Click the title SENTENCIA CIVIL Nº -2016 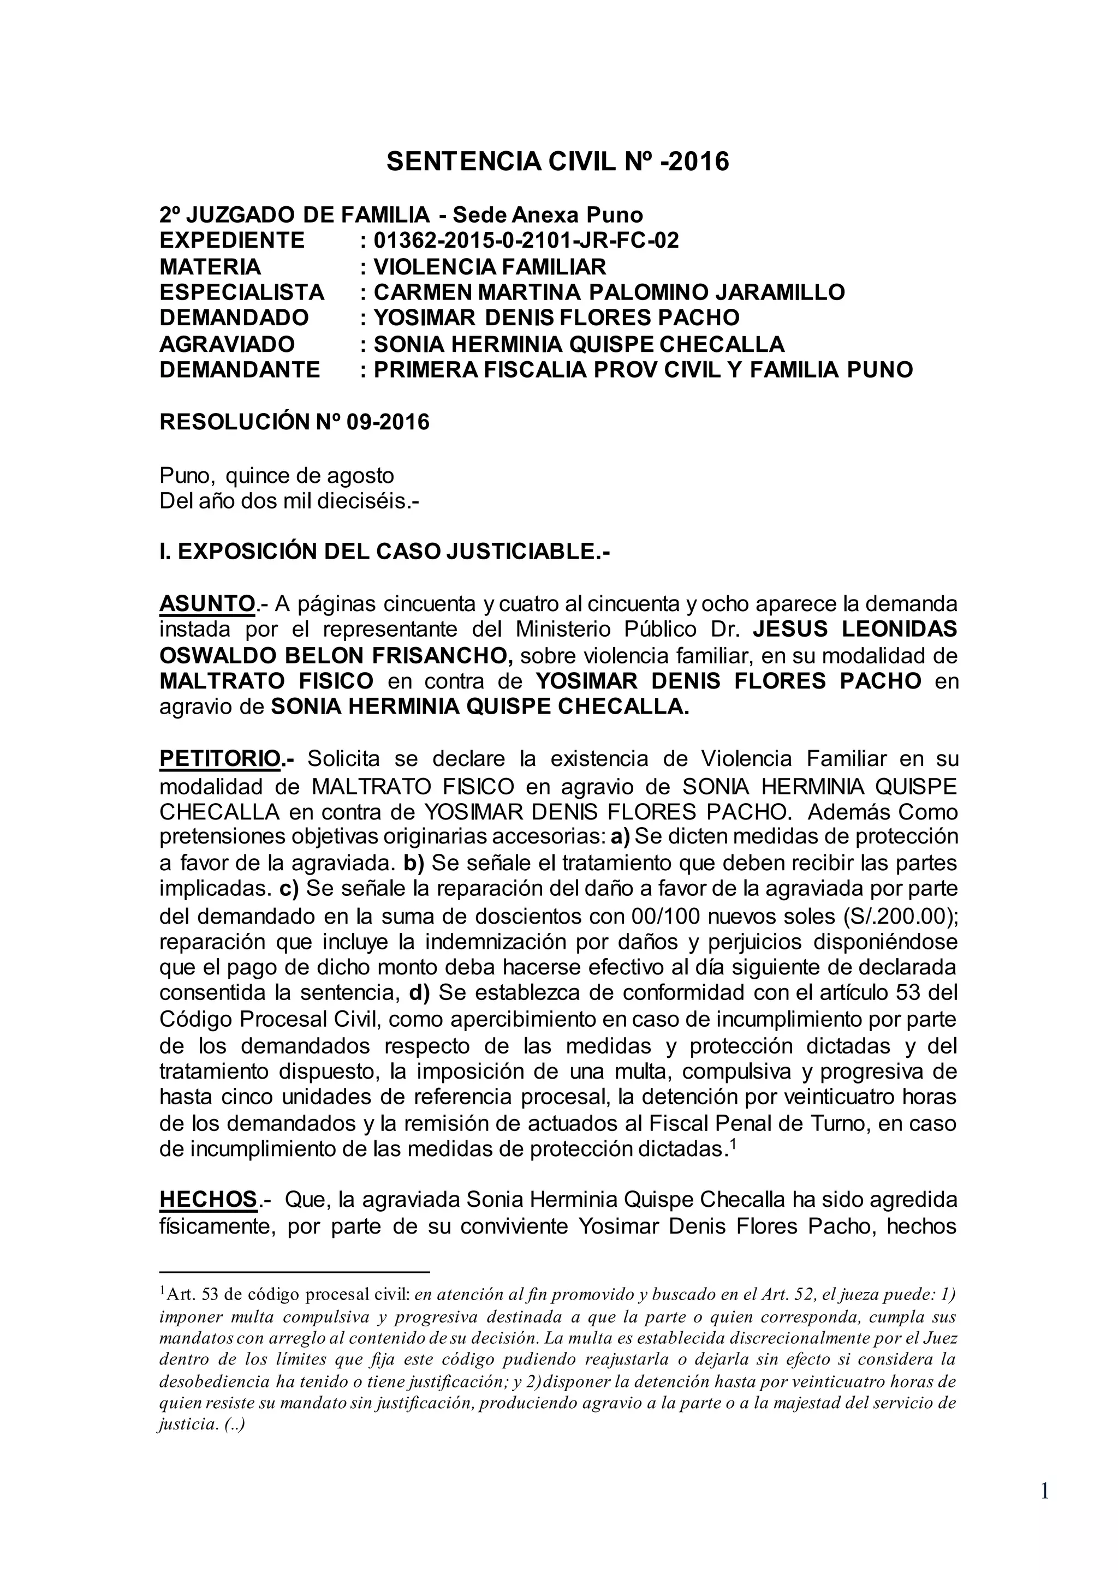[x=557, y=161]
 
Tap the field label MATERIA [x=210, y=266]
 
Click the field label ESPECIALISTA [x=242, y=292]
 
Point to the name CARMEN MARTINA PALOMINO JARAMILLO [x=609, y=292]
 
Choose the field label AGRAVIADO [x=227, y=344]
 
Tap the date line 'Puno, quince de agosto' [x=277, y=476]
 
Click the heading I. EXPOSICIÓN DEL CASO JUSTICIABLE [x=385, y=551]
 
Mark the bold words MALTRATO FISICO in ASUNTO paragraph [x=266, y=681]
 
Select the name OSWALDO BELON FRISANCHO [x=336, y=656]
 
